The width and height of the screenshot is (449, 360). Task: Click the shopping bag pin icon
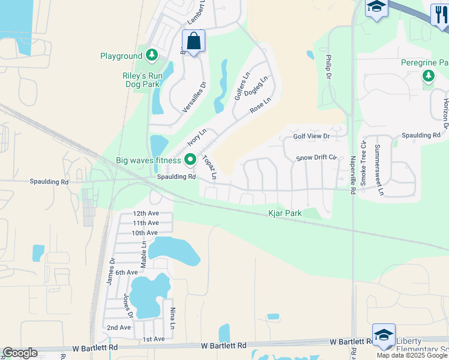pyautogui.click(x=193, y=41)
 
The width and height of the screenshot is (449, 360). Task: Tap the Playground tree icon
pyautogui.click(x=152, y=56)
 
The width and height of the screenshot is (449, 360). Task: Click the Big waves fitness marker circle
pyautogui.click(x=190, y=160)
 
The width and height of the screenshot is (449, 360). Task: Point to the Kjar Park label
pyautogui.click(x=285, y=213)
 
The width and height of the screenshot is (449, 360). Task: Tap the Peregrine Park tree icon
pyautogui.click(x=428, y=76)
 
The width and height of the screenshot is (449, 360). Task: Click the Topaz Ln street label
pyautogui.click(x=209, y=167)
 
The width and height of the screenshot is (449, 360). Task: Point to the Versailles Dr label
pyautogui.click(x=194, y=98)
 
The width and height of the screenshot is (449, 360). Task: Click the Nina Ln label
pyautogui.click(x=172, y=318)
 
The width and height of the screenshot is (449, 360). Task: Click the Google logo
pyautogui.click(x=20, y=353)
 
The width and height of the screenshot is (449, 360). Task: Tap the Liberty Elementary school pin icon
pyautogui.click(x=384, y=335)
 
